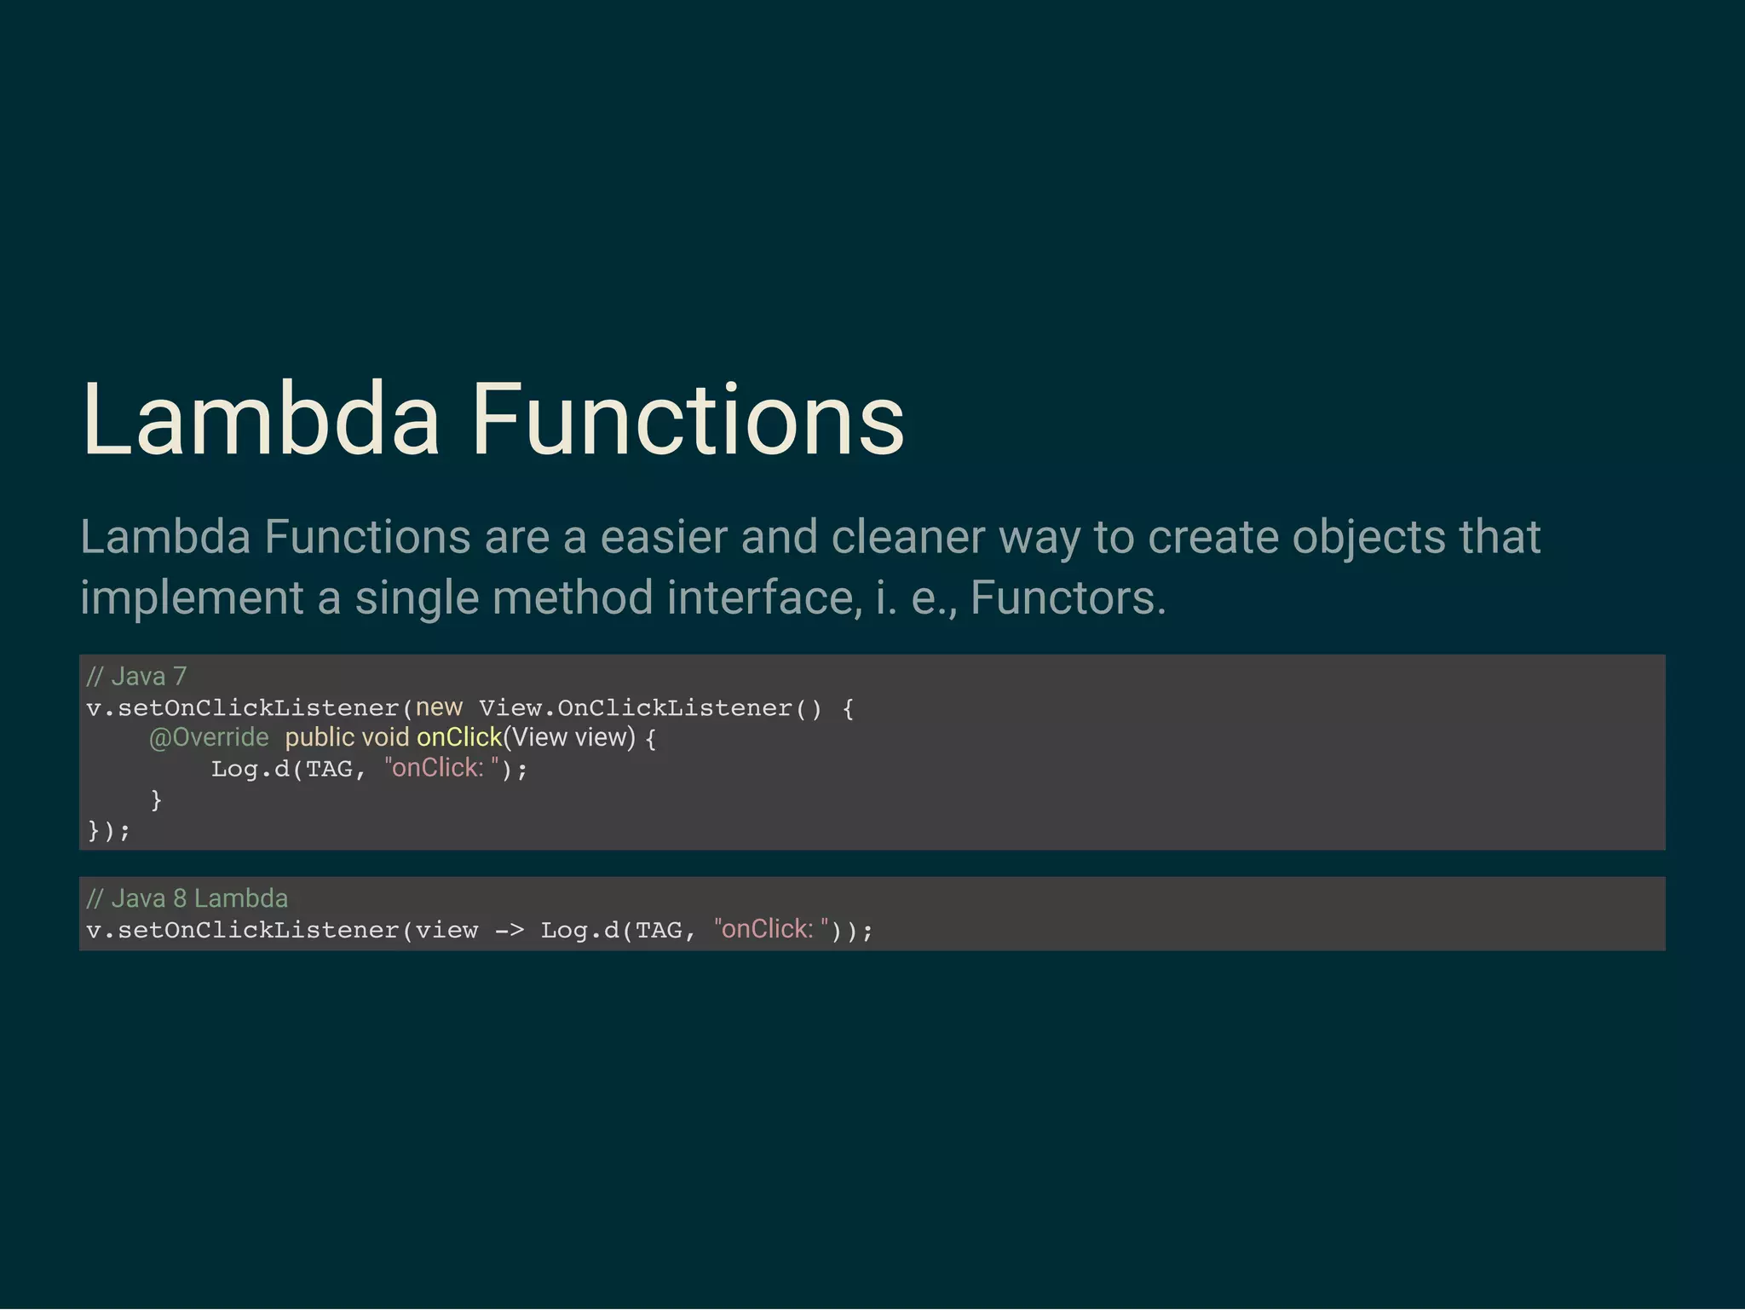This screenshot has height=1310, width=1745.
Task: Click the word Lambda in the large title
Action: tap(260, 420)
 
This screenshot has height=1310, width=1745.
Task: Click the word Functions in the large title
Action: tap(687, 420)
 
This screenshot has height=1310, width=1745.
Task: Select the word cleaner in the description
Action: tap(907, 538)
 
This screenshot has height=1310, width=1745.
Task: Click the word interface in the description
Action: tap(764, 597)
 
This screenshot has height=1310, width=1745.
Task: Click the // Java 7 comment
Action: tap(136, 677)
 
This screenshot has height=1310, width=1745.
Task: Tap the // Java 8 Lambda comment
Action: tap(187, 898)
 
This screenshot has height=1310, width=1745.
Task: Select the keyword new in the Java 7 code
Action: tap(439, 707)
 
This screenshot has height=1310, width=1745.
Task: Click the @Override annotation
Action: tap(209, 737)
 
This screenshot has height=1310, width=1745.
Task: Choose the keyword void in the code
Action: tap(385, 737)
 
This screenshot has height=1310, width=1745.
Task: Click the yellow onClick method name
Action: tap(459, 737)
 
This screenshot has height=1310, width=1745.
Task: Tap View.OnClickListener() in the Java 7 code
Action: tap(650, 708)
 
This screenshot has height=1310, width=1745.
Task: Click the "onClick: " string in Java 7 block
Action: tap(441, 768)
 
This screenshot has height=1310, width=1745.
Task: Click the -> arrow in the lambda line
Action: tap(510, 931)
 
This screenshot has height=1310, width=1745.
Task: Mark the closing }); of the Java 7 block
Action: tap(108, 830)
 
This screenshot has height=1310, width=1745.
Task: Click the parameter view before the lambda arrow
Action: tap(446, 930)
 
